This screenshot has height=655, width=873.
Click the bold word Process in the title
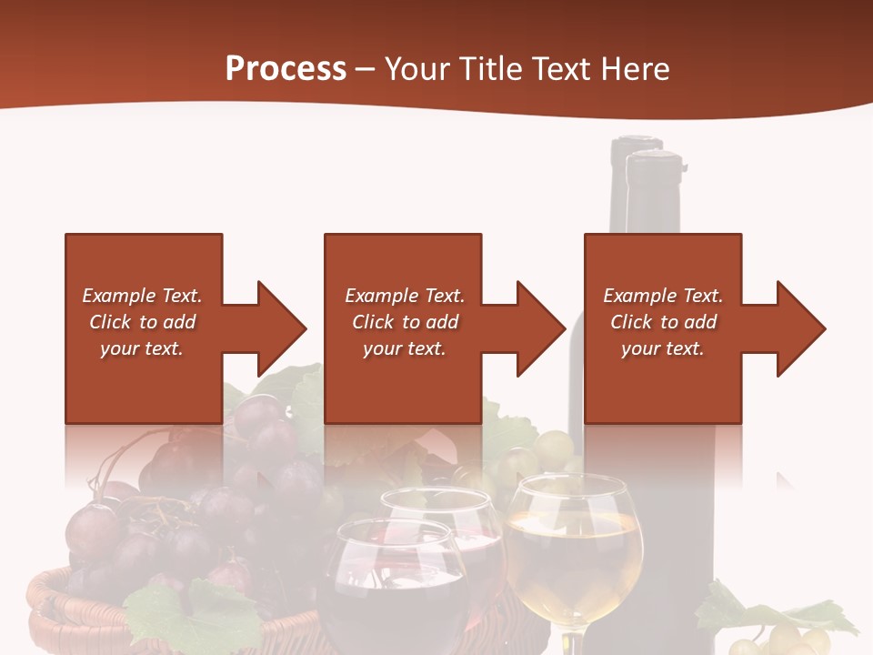pyautogui.click(x=286, y=69)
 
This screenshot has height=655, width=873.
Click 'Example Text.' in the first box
pyautogui.click(x=142, y=296)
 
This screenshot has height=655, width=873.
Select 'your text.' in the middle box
pyautogui.click(x=404, y=348)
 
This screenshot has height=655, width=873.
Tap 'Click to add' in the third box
pyautogui.click(x=663, y=322)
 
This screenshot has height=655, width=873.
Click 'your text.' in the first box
pyautogui.click(x=142, y=348)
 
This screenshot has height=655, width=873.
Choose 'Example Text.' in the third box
pyautogui.click(x=663, y=296)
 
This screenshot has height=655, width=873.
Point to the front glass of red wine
pyautogui.click(x=393, y=582)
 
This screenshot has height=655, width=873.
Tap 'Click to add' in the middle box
pyautogui.click(x=405, y=322)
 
